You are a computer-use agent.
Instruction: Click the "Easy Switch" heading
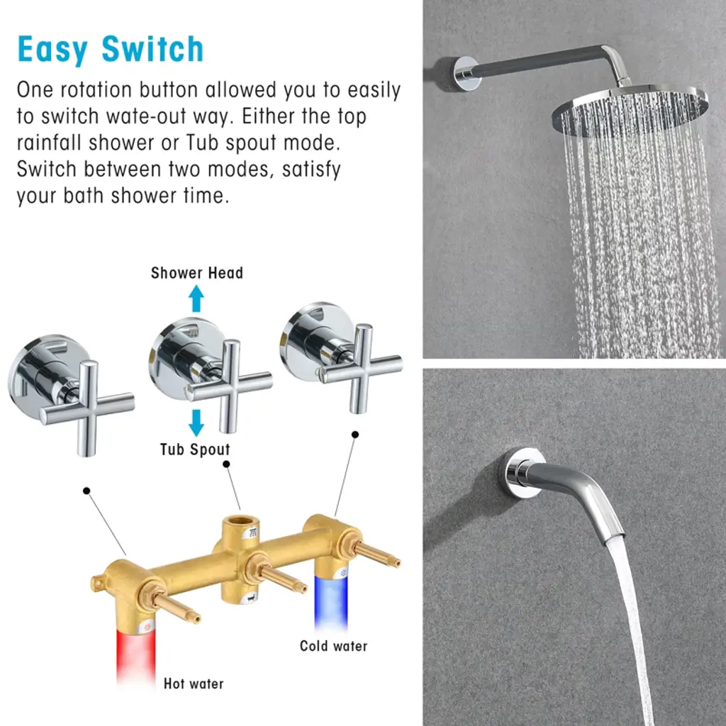111,49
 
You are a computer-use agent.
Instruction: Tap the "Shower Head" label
197,273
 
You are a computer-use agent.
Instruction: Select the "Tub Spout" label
195,449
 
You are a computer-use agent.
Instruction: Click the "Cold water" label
333,646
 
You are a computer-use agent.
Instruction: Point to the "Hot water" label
194,683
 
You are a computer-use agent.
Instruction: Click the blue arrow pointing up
196,298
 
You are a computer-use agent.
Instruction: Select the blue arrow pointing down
196,423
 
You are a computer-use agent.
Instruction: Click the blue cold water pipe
331,602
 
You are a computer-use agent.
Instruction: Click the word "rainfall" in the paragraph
50,143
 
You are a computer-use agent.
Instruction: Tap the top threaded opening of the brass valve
240,520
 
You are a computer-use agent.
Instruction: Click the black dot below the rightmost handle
355,435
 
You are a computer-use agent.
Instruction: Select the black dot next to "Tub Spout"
226,464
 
